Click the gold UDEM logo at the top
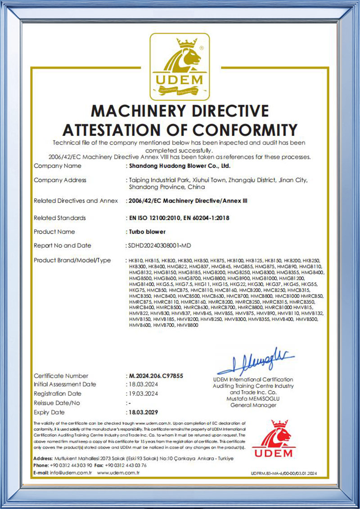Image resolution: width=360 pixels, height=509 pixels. [179, 68]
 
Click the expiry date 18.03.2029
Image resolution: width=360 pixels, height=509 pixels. [144, 412]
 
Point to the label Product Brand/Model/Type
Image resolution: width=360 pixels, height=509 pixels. [72, 260]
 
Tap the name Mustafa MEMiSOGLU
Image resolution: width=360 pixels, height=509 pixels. [253, 399]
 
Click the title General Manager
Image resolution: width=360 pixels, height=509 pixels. [253, 405]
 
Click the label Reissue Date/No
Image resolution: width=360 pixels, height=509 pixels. [57, 403]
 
